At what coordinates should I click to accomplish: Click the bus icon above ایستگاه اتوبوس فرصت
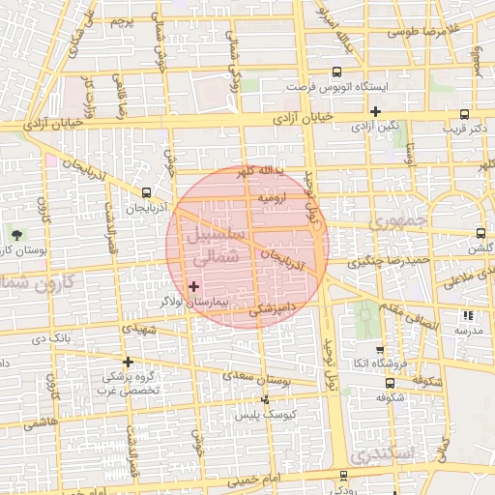click(336, 72)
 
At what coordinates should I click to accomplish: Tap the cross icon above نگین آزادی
click(374, 111)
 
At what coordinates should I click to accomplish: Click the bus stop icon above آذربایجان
click(146, 192)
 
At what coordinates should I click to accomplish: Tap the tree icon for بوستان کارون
click(16, 234)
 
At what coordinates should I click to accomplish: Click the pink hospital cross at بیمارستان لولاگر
click(193, 286)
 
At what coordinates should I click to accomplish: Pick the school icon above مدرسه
click(468, 315)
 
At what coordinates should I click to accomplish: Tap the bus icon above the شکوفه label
click(389, 383)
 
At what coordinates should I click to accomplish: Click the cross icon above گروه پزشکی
click(127, 362)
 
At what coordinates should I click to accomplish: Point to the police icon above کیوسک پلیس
click(266, 399)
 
